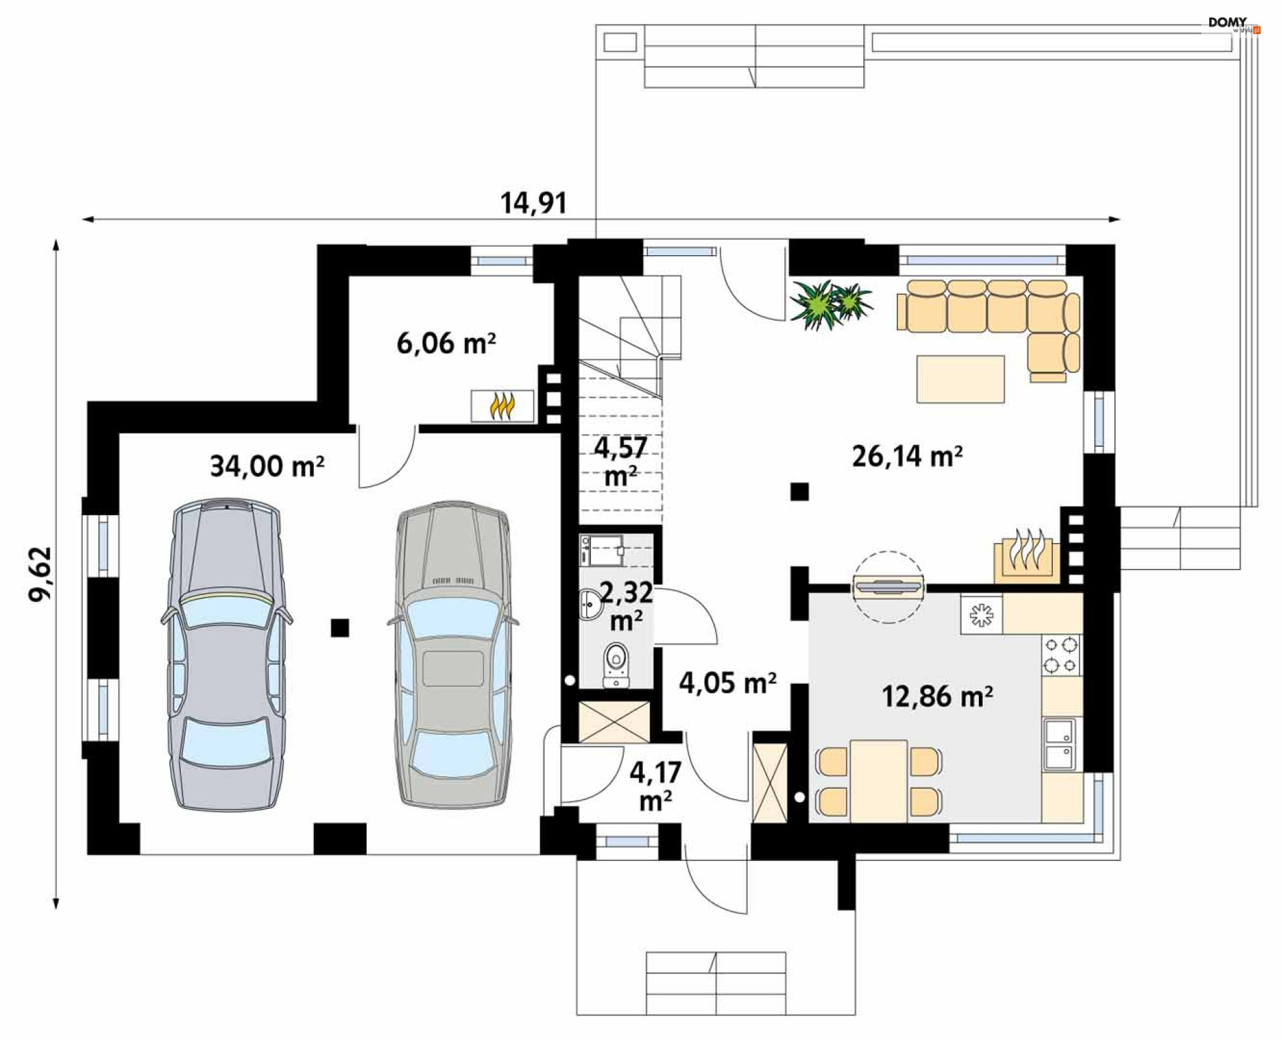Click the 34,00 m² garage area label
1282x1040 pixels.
point(267,466)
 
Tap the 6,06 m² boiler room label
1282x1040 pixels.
point(446,343)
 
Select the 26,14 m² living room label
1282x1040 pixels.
point(907,456)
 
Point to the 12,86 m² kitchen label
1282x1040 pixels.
point(937,696)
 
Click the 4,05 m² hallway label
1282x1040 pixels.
point(727,683)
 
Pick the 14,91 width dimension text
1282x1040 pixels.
point(533,202)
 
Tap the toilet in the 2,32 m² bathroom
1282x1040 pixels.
point(616,665)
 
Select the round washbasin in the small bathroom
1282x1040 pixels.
point(590,605)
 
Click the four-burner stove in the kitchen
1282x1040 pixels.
point(1061,655)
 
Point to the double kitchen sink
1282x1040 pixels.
point(1060,744)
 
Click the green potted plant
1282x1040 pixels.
point(830,304)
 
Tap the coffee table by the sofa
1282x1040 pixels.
point(960,379)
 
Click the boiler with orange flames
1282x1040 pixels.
point(502,406)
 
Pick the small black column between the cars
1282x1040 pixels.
point(340,627)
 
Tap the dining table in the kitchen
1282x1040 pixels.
point(879,781)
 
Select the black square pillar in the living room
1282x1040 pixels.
point(799,492)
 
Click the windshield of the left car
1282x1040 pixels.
point(226,609)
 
